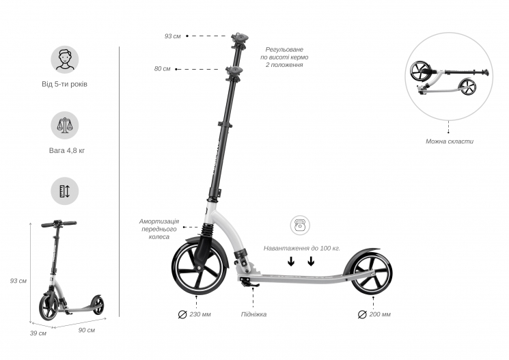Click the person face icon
(65, 59)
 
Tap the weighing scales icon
(65, 125)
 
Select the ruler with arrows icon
(65, 191)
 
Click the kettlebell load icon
(300, 225)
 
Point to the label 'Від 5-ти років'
(65, 84)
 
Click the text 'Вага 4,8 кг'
(67, 150)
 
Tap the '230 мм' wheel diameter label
(200, 314)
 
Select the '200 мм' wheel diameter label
(380, 314)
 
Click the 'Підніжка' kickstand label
(254, 314)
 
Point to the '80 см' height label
(163, 69)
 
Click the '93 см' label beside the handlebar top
(172, 36)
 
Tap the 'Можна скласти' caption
(450, 141)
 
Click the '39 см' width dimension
(38, 333)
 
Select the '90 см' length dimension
(87, 330)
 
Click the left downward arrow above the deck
(291, 262)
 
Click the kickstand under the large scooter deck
(249, 283)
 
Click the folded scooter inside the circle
(450, 78)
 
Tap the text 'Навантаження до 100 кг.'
(302, 249)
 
